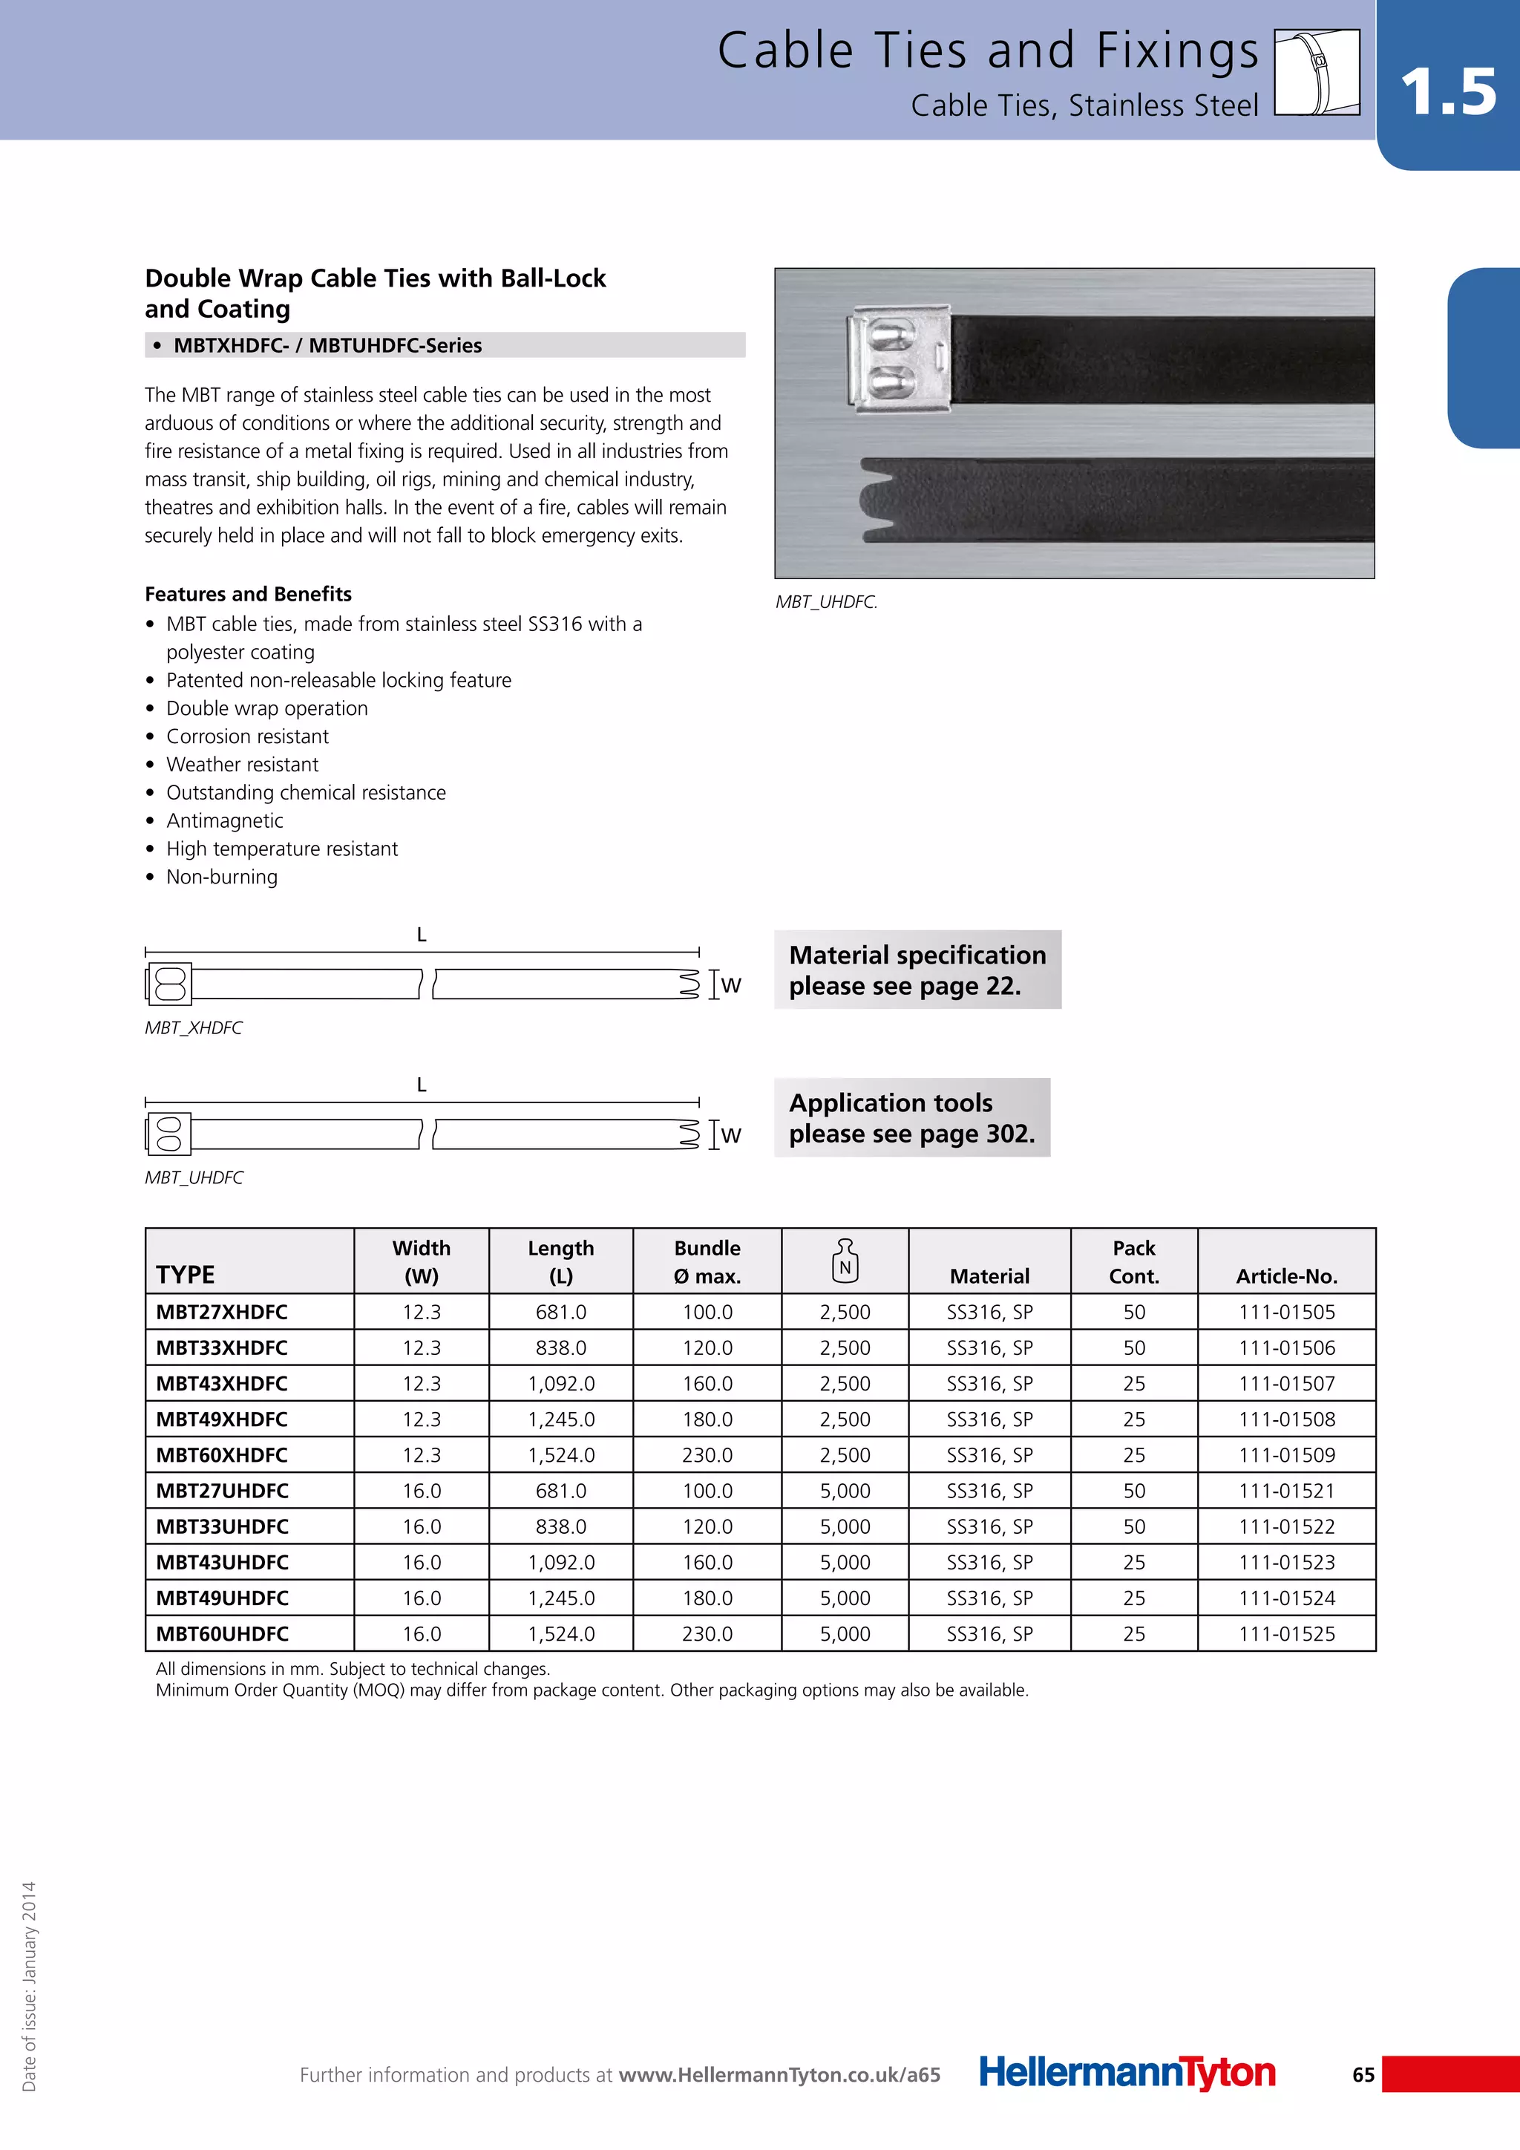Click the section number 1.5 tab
[x=1448, y=92]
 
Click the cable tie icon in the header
[x=1317, y=72]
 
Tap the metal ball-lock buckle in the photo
[x=897, y=359]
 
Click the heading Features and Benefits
[x=248, y=594]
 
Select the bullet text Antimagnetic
[x=225, y=820]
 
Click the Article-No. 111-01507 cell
[x=1286, y=1383]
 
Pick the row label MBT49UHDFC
[x=222, y=1598]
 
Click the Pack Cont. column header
[x=1133, y=1261]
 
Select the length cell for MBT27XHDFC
[x=560, y=1312]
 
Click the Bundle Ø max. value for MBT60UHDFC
[x=707, y=1633]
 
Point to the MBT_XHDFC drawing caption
[x=194, y=1027]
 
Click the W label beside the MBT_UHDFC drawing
[x=731, y=1135]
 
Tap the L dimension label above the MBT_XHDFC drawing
[x=421, y=935]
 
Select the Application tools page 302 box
[x=911, y=1117]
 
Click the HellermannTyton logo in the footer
[x=1127, y=2072]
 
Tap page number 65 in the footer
[x=1363, y=2074]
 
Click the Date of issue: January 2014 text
[x=29, y=1985]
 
